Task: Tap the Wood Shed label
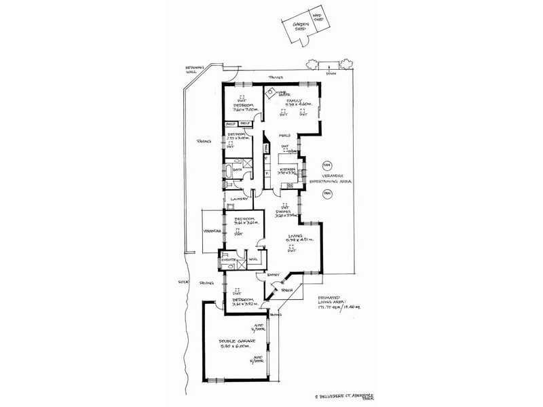[316, 19]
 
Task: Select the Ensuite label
[227, 259]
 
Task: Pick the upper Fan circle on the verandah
[326, 165]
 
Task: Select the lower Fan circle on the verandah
[326, 195]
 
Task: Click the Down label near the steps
[330, 73]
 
